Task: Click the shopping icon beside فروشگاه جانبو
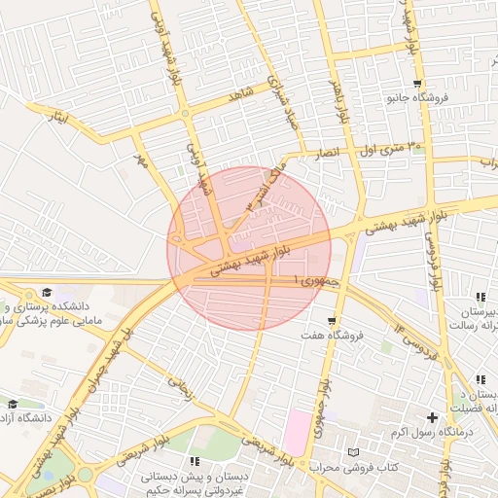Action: pos(417,84)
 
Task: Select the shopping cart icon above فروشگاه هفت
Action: pos(333,320)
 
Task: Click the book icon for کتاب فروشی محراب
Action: pos(353,453)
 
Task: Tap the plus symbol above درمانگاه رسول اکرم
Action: pos(432,417)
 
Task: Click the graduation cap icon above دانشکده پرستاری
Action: pos(47,292)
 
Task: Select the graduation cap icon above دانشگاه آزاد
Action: pos(13,404)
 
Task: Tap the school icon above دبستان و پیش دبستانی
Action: pos(195,461)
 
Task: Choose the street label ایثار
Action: pos(60,119)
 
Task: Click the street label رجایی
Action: pos(181,389)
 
